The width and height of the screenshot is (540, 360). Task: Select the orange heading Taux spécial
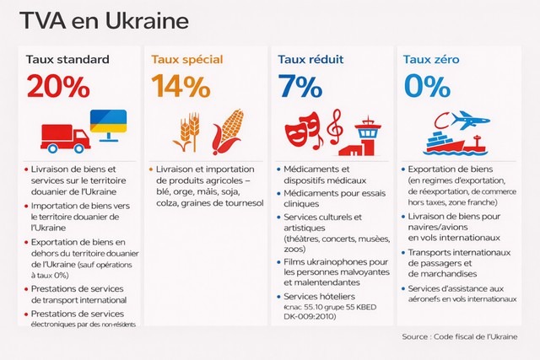pyautogui.click(x=186, y=59)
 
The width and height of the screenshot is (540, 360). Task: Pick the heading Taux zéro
pyautogui.click(x=431, y=59)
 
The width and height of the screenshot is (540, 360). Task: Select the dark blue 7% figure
pyautogui.click(x=298, y=88)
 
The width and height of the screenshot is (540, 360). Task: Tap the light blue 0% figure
pyautogui.click(x=425, y=88)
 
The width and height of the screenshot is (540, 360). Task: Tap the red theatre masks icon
pyautogui.click(x=300, y=132)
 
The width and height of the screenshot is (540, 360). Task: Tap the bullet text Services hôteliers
pyautogui.click(x=319, y=298)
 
